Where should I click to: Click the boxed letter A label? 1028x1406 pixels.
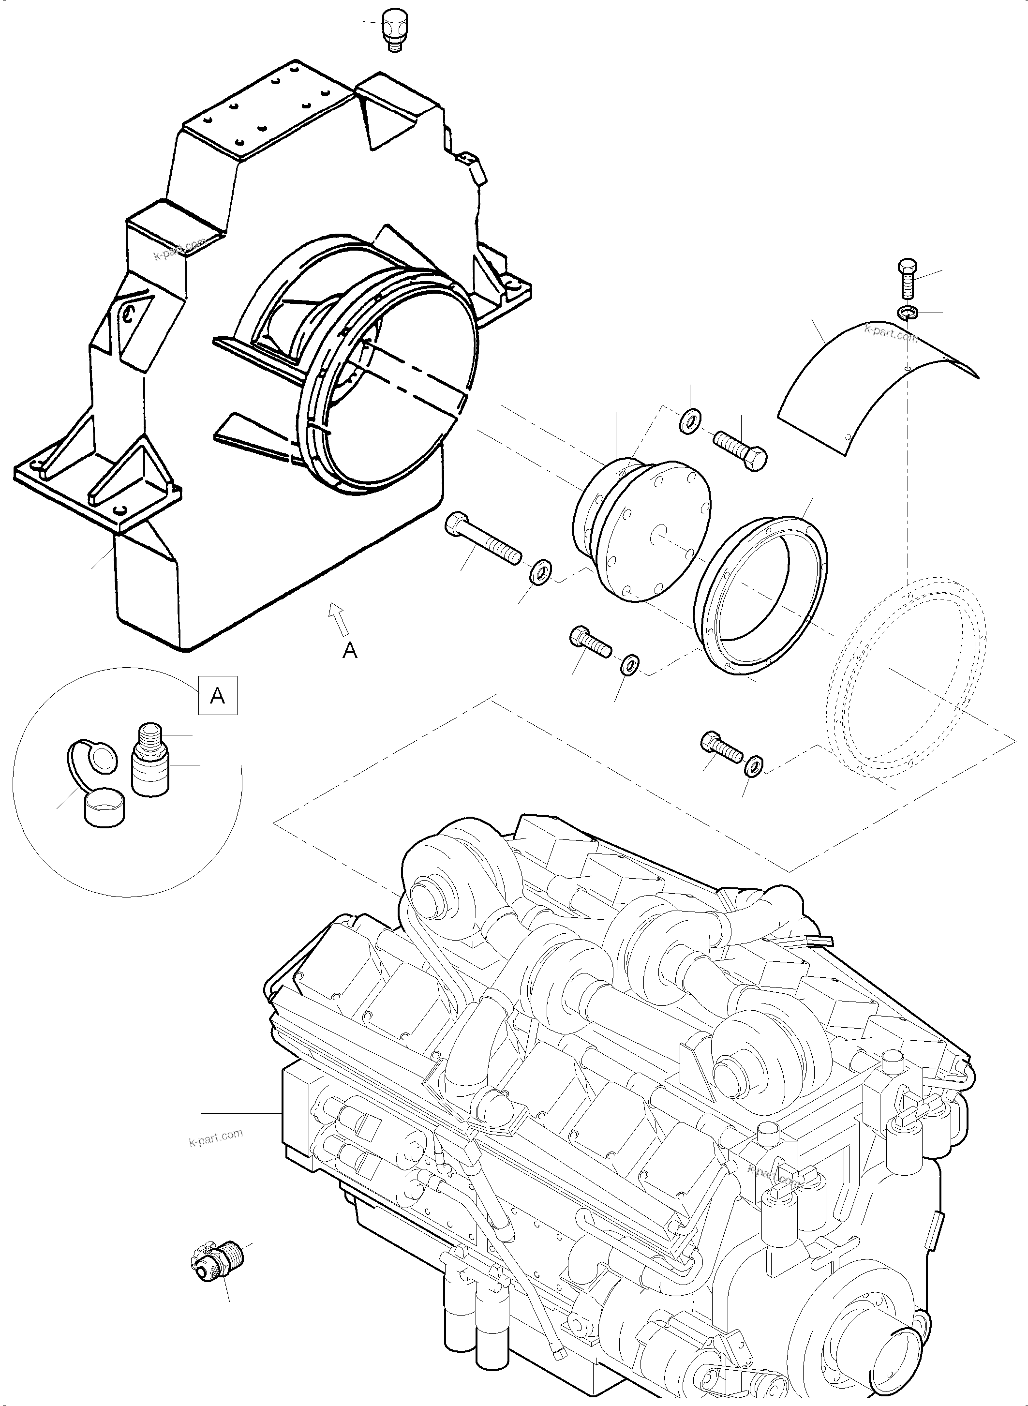(217, 695)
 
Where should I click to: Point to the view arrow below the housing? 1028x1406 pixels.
(339, 619)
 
